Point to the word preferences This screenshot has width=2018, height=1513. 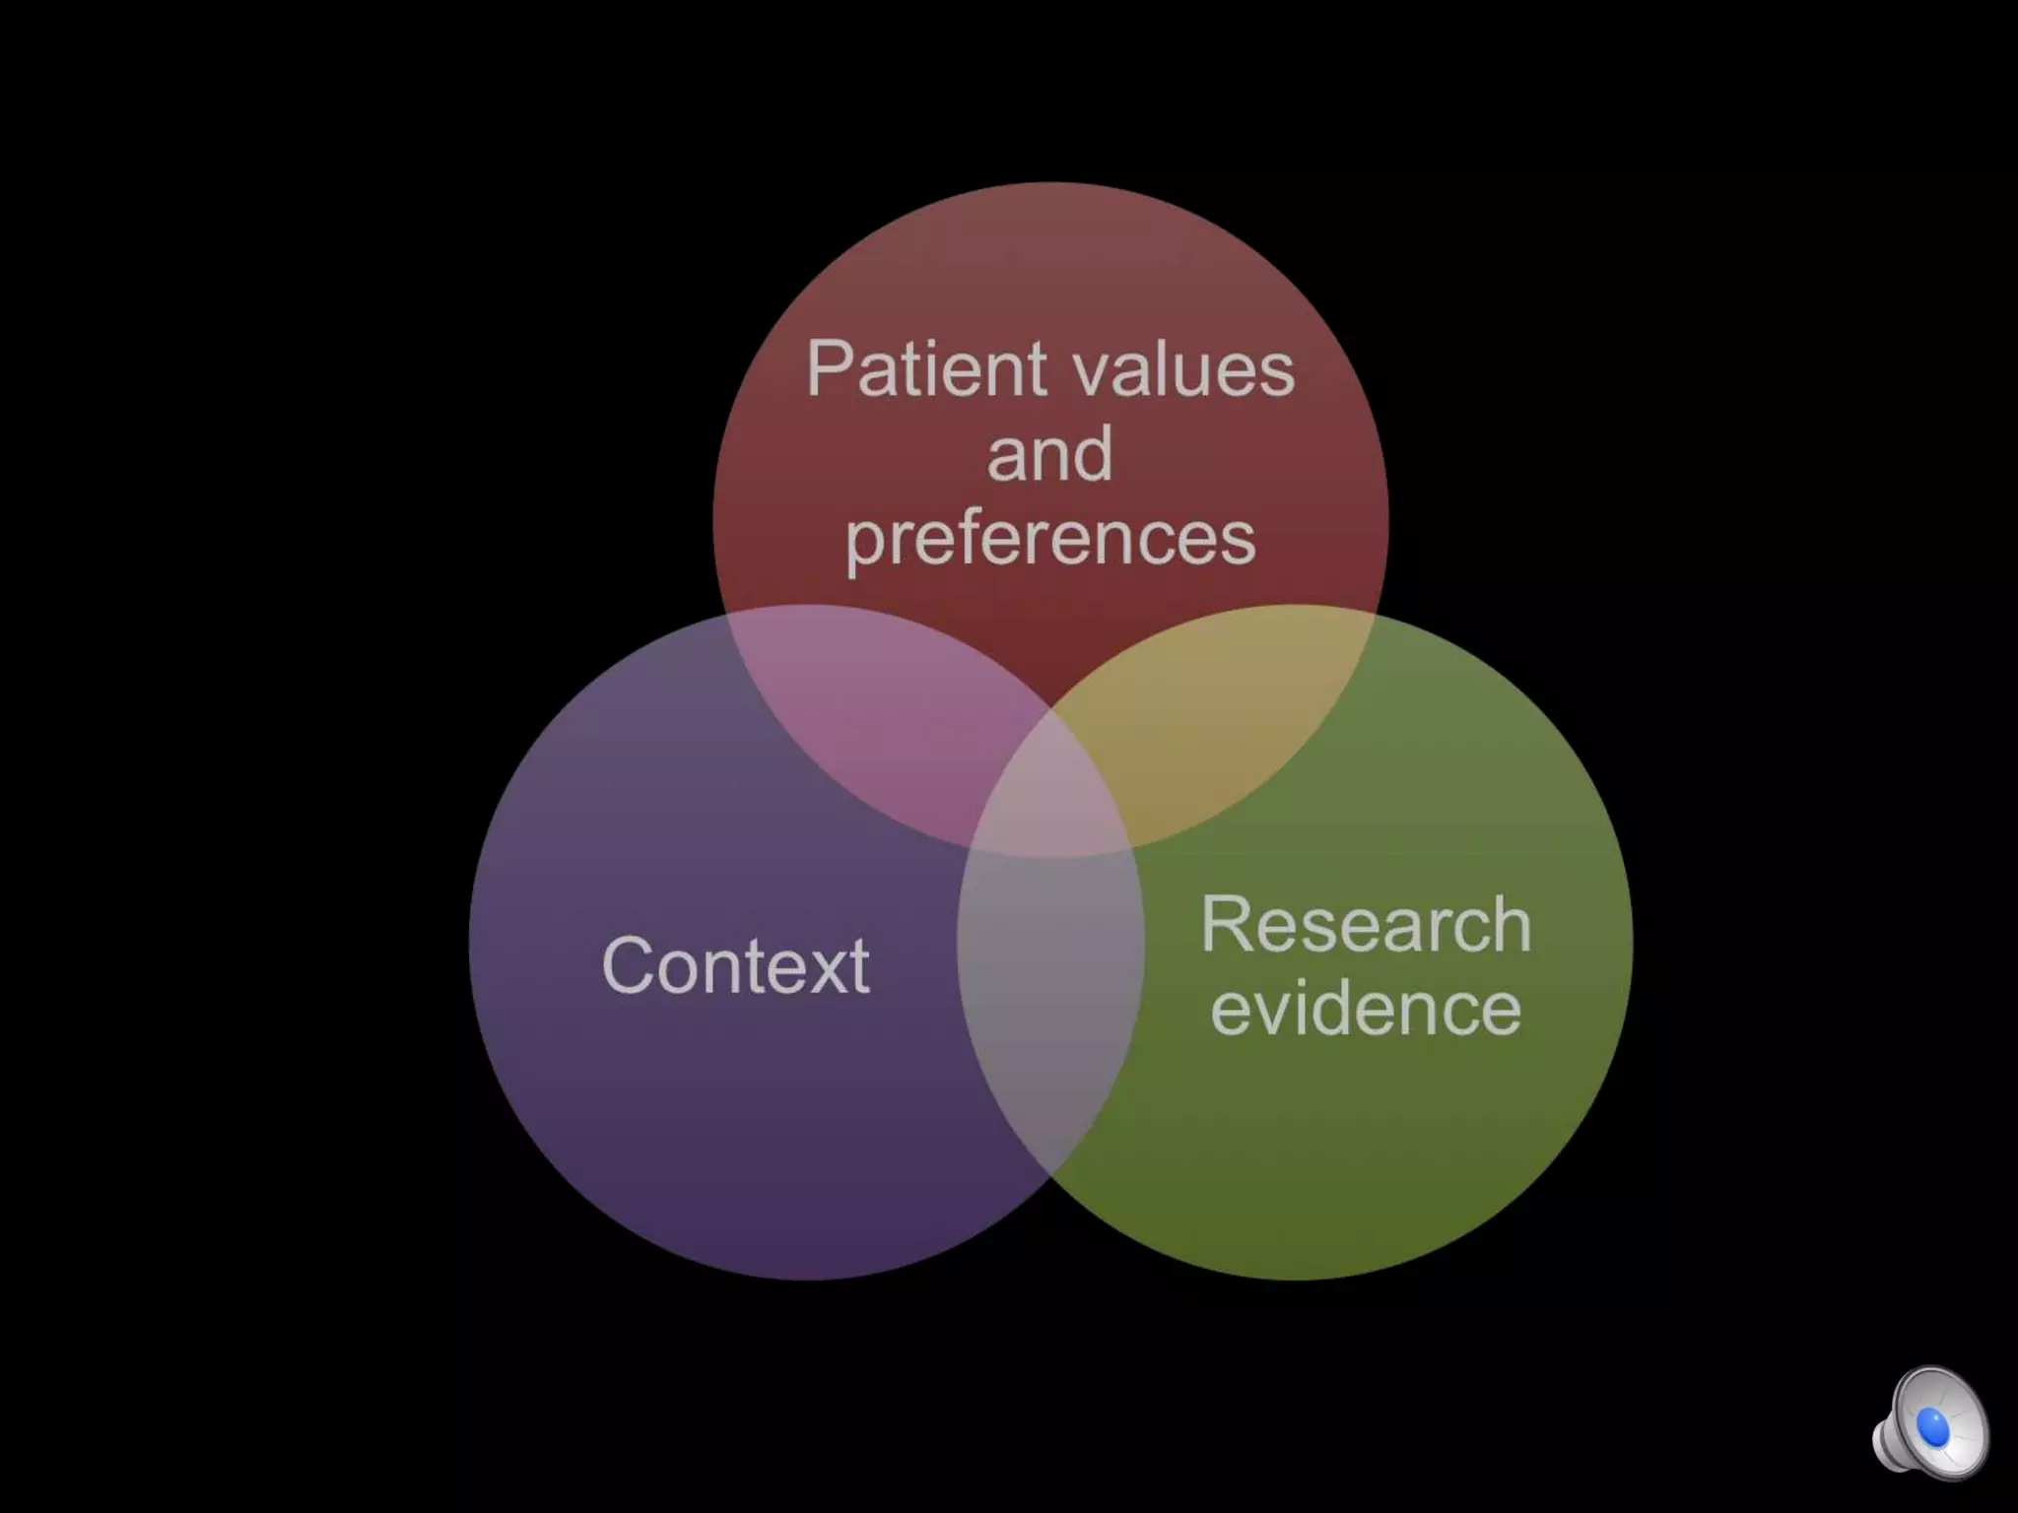tap(1050, 539)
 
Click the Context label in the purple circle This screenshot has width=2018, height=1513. tap(735, 965)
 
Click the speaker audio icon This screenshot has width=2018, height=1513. tap(1930, 1422)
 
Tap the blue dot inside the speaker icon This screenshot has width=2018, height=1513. tap(1933, 1426)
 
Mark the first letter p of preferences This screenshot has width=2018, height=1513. tap(864, 544)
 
